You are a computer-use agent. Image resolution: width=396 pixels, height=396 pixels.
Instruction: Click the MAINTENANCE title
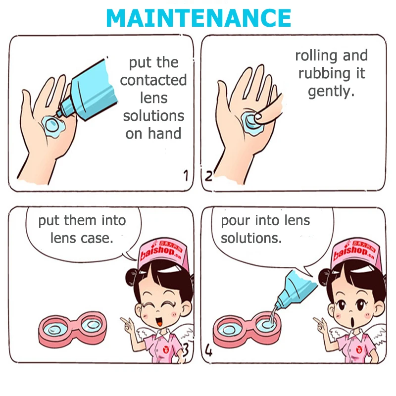[198, 18]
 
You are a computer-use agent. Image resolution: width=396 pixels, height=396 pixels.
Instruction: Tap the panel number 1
[186, 175]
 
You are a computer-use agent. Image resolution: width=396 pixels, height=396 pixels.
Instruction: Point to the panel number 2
[208, 176]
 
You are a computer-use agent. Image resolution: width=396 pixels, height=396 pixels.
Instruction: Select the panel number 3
[185, 350]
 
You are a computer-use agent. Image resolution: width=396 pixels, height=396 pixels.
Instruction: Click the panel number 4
[208, 350]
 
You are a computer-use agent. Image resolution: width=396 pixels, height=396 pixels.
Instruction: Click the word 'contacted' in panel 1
[153, 80]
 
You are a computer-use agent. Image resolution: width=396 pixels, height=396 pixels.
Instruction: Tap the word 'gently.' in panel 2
[331, 91]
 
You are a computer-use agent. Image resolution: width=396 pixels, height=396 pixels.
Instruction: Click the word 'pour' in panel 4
[236, 221]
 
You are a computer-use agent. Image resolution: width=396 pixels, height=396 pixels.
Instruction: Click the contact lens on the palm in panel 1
[52, 124]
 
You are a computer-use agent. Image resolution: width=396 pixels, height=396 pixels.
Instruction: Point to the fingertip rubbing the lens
[258, 116]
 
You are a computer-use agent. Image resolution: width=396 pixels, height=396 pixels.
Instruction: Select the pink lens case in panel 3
[72, 329]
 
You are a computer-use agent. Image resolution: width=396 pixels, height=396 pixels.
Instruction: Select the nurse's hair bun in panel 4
[323, 277]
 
